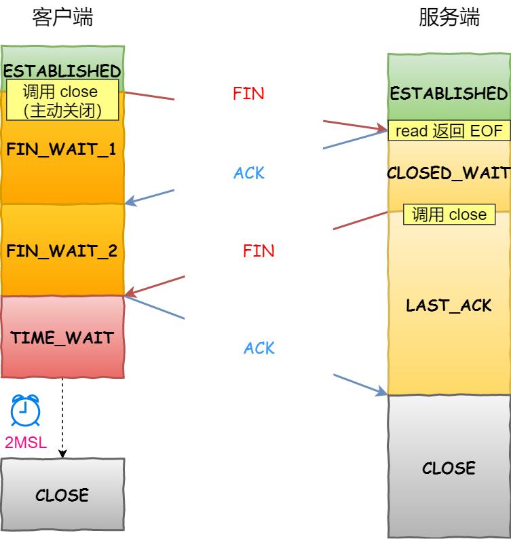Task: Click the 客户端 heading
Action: pyautogui.click(x=62, y=18)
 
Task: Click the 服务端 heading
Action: pyautogui.click(x=449, y=18)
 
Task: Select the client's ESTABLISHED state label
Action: pyautogui.click(x=62, y=71)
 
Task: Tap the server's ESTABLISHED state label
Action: pyautogui.click(x=449, y=93)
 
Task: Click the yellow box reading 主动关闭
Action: pyautogui.click(x=62, y=100)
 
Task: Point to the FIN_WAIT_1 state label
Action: pyautogui.click(x=62, y=149)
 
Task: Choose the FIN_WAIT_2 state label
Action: pyautogui.click(x=62, y=251)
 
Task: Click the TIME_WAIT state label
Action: pyautogui.click(x=62, y=337)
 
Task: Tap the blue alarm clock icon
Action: pyautogui.click(x=25, y=409)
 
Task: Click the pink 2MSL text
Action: pyautogui.click(x=26, y=443)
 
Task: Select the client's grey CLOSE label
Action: pyautogui.click(x=62, y=495)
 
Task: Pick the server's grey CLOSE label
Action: pyautogui.click(x=449, y=468)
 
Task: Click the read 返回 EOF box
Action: pyautogui.click(x=449, y=131)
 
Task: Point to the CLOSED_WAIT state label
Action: pyautogui.click(x=449, y=173)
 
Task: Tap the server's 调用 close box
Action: pyautogui.click(x=449, y=215)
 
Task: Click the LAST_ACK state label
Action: pyautogui.click(x=449, y=305)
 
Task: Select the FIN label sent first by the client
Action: pyautogui.click(x=248, y=94)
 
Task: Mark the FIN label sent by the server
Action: pyautogui.click(x=259, y=251)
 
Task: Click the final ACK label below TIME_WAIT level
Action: pyautogui.click(x=259, y=348)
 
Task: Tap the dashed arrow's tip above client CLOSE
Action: pyautogui.click(x=62, y=456)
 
